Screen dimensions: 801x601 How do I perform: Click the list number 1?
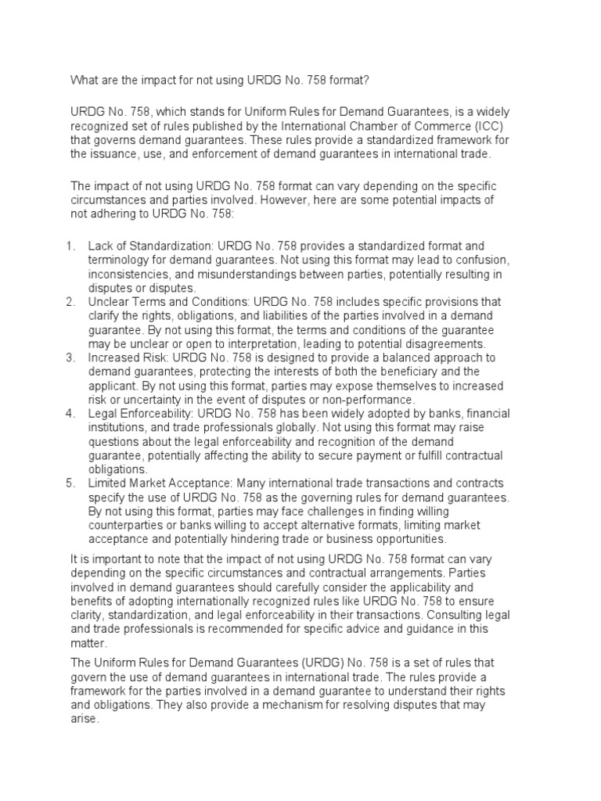tap(70, 246)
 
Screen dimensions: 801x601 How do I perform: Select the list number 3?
tap(70, 357)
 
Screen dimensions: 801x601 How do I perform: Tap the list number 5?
tap(70, 483)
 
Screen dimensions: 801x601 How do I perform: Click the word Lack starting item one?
tap(101, 246)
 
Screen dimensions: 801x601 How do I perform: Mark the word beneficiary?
tap(441, 372)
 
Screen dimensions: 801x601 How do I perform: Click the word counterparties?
tap(126, 526)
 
